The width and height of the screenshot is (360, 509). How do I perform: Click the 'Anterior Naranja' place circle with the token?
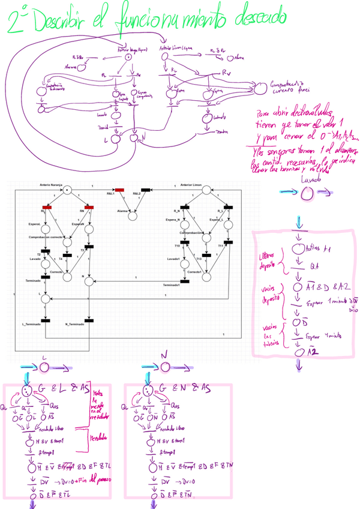[x=67, y=191]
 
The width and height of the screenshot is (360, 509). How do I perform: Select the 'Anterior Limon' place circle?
[x=206, y=191]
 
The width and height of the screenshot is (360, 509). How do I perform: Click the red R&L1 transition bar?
[x=119, y=189]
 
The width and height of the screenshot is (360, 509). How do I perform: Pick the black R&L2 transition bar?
[x=145, y=189]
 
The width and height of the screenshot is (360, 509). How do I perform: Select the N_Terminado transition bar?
[x=89, y=320]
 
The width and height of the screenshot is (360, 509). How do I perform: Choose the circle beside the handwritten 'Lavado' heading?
[x=307, y=192]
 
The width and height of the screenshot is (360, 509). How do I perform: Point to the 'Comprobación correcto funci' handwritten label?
[x=292, y=88]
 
